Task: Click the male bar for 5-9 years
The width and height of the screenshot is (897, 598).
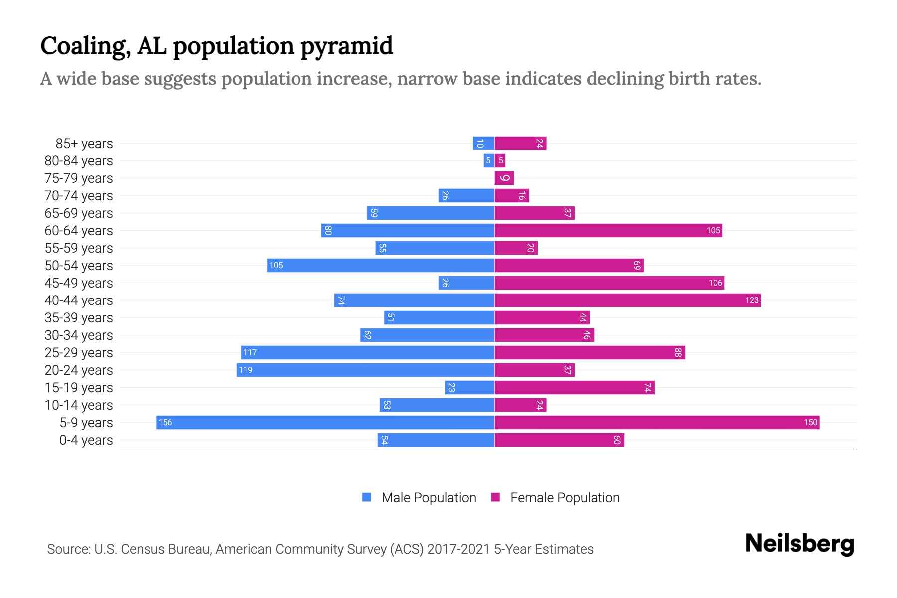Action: (x=325, y=422)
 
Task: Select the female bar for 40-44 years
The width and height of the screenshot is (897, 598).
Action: (x=627, y=300)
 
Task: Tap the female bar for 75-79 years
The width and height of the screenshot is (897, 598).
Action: (x=504, y=178)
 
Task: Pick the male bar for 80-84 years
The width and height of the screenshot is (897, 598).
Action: (x=489, y=160)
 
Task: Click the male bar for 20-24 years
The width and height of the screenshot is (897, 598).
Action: (x=365, y=370)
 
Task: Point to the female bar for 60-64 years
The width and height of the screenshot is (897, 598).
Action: (x=608, y=230)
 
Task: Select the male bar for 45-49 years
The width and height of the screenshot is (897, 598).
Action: (x=466, y=283)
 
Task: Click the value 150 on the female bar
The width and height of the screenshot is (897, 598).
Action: (x=810, y=422)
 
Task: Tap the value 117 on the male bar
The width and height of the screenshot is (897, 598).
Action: (x=250, y=352)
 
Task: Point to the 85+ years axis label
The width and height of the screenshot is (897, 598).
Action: (x=84, y=144)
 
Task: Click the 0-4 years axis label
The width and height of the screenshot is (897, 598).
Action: (x=86, y=440)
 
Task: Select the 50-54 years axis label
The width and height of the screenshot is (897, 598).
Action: (x=79, y=266)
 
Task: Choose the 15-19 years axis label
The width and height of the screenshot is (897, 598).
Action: (x=79, y=388)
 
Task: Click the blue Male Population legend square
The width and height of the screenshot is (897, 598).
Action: (x=367, y=497)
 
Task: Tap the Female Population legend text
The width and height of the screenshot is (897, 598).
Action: (x=565, y=497)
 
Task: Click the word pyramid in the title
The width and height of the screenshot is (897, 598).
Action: (x=347, y=46)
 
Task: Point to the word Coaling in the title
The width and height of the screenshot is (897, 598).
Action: (x=85, y=46)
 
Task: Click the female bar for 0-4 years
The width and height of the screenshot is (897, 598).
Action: (x=559, y=440)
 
